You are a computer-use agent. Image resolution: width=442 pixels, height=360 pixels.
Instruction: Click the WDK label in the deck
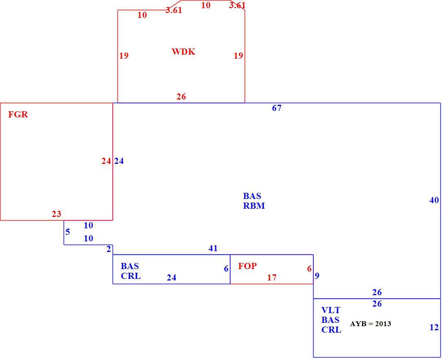[183, 52]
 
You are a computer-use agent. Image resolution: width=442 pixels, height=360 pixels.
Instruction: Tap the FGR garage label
[18, 115]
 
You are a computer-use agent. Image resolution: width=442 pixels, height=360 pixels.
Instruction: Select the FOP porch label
[248, 266]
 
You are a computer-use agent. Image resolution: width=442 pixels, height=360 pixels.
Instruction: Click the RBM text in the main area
[254, 206]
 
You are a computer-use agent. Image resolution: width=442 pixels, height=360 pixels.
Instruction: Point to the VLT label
[331, 310]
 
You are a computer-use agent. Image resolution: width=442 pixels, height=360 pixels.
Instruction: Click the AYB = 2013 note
[370, 324]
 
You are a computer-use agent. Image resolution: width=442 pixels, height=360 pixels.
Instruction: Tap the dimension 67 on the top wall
[276, 108]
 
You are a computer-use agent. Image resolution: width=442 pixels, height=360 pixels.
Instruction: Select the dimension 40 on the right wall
[434, 200]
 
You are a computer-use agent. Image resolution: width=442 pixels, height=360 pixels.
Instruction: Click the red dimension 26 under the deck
[181, 97]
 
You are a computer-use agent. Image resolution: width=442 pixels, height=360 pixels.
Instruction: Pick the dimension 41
[213, 248]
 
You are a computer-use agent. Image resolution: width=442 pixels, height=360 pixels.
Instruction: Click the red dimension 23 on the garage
[56, 214]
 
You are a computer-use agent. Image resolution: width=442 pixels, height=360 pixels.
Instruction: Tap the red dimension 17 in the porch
[272, 278]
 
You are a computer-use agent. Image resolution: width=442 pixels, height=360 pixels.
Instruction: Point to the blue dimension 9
[317, 276]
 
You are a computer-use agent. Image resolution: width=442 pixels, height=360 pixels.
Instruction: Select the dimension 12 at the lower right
[434, 327]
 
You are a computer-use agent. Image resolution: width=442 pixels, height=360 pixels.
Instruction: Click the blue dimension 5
[68, 232]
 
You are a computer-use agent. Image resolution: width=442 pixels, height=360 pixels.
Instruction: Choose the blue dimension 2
[109, 249]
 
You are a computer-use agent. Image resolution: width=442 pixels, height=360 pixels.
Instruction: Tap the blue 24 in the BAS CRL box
[171, 278]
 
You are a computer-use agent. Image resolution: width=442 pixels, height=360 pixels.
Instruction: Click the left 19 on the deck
[124, 56]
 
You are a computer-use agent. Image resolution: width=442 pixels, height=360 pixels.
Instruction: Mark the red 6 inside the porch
[309, 269]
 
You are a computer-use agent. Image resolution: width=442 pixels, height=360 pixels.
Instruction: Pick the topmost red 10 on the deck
[206, 5]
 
